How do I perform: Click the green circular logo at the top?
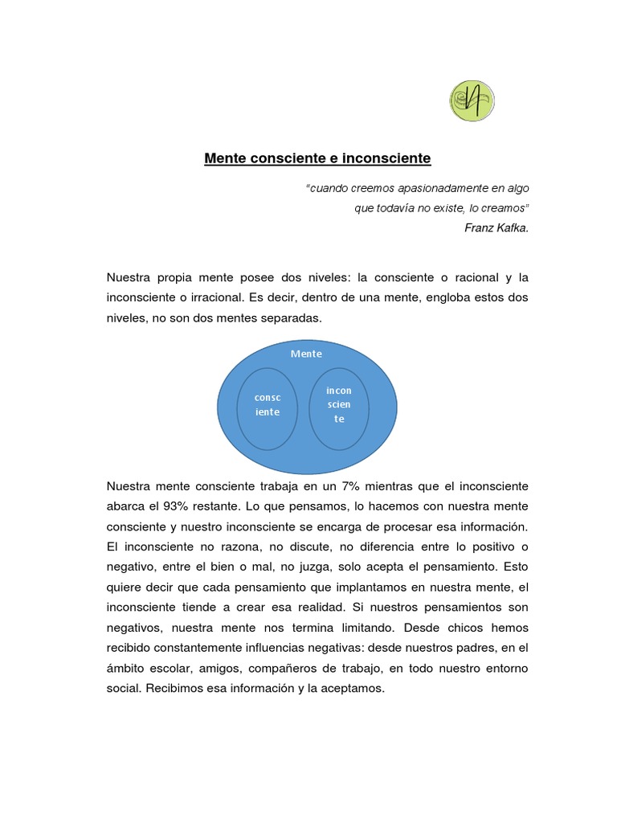(472, 100)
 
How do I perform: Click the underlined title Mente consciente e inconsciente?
(317, 159)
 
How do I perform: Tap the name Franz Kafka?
(496, 227)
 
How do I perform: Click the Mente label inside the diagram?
(306, 354)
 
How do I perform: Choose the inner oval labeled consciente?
(268, 408)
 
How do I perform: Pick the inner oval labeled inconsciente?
(338, 408)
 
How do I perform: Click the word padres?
(466, 648)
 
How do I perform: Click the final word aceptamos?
(353, 688)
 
